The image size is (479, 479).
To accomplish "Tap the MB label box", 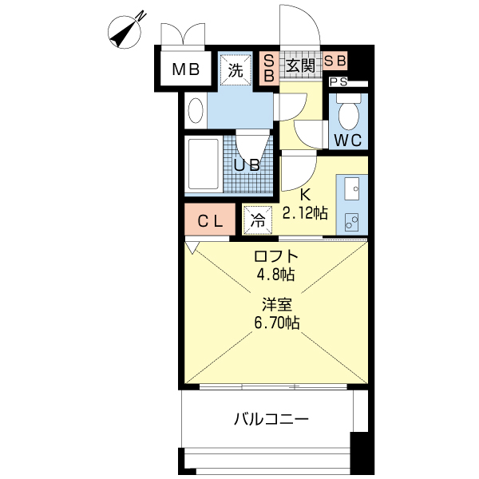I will (186, 69).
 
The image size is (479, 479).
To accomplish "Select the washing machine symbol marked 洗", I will (236, 69).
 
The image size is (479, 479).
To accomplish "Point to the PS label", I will (338, 81).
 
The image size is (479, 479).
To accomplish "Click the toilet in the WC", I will (349, 114).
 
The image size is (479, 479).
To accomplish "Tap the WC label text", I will (348, 141).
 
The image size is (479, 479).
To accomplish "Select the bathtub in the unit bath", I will (203, 164).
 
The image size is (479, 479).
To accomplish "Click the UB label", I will (247, 165).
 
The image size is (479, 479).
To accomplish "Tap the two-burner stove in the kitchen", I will (351, 220).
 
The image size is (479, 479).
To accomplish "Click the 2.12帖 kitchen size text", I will (305, 212).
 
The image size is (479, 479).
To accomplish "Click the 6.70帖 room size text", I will (278, 323).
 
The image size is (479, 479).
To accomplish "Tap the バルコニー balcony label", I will (271, 418).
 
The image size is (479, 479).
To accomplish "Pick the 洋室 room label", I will (277, 304).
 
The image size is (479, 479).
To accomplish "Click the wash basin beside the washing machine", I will (194, 110).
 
